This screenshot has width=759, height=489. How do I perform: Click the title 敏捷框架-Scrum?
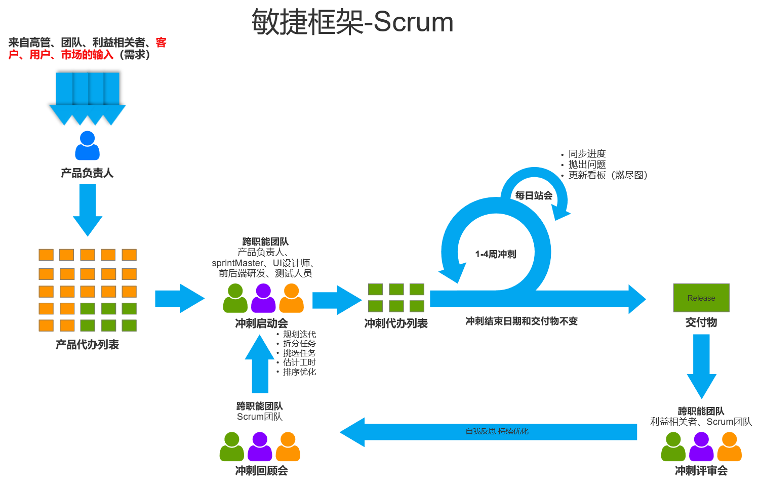tap(352, 22)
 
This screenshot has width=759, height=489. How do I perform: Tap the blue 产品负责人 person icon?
tap(87, 146)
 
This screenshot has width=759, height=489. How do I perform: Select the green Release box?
tap(701, 298)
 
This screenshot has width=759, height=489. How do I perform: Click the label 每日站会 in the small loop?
tap(534, 195)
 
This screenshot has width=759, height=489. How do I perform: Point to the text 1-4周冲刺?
tap(495, 254)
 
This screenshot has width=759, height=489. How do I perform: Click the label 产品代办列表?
tap(87, 345)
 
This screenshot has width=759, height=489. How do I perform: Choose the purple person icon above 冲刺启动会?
tap(263, 298)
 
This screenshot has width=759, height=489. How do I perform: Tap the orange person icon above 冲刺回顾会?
tap(288, 446)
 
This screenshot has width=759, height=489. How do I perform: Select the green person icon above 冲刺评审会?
tap(673, 446)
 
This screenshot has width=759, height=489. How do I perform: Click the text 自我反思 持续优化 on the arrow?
tap(497, 431)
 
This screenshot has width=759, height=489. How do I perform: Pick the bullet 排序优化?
tap(299, 372)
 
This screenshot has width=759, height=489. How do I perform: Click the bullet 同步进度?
tap(587, 153)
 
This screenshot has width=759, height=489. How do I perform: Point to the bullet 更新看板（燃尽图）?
tap(608, 175)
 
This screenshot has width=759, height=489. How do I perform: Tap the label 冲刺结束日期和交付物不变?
tap(522, 321)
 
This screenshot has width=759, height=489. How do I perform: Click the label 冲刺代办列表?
tap(396, 323)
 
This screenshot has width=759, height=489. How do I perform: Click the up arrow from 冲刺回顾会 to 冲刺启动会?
tap(260, 364)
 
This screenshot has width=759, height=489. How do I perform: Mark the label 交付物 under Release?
tap(701, 322)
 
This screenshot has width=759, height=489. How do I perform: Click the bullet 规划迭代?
tap(299, 335)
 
